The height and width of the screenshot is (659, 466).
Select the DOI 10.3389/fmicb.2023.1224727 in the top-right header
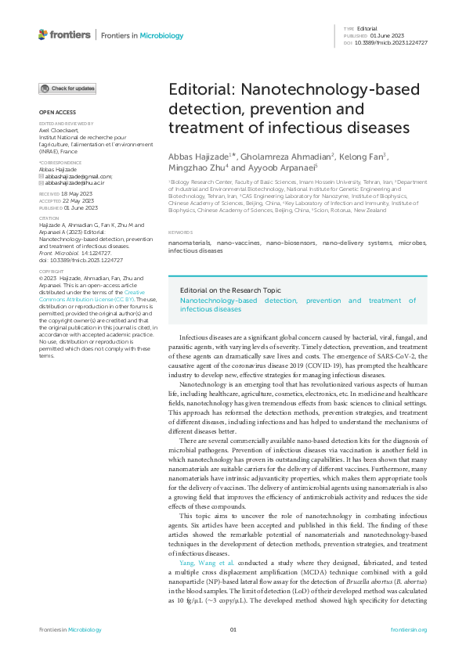pos(396,42)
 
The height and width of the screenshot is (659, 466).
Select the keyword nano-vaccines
pos(239,244)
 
